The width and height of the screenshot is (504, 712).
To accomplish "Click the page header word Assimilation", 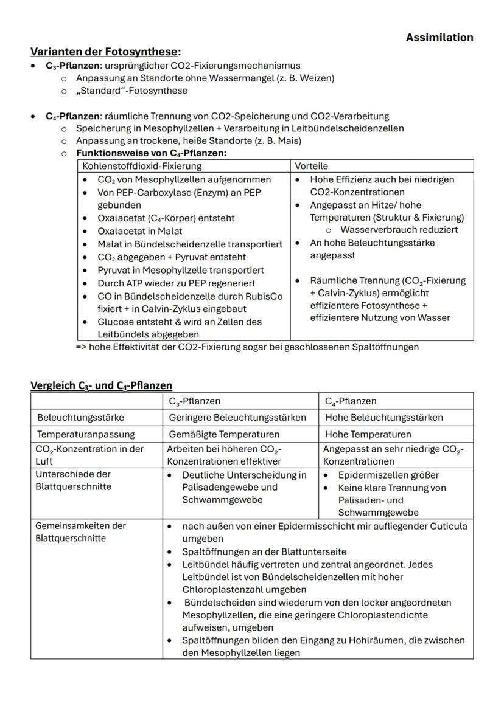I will (x=439, y=38).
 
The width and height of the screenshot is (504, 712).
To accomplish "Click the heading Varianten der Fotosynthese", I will (x=105, y=52).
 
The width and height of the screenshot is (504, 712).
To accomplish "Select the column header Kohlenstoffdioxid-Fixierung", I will (x=142, y=166).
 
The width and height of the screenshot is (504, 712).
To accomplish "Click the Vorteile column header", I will (x=312, y=166).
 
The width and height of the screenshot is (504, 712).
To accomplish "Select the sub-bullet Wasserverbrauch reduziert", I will (x=399, y=230).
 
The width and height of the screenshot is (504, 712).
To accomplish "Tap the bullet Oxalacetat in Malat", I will (x=139, y=231).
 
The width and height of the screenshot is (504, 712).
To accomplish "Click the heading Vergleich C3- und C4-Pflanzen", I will (x=101, y=385).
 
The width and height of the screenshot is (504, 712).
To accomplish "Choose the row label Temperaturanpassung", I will (x=86, y=434).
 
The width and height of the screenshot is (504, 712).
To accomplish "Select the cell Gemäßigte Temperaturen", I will (x=223, y=434).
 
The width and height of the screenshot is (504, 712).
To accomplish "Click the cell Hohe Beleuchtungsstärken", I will (x=383, y=418).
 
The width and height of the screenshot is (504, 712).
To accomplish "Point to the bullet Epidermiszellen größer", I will (x=388, y=475).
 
